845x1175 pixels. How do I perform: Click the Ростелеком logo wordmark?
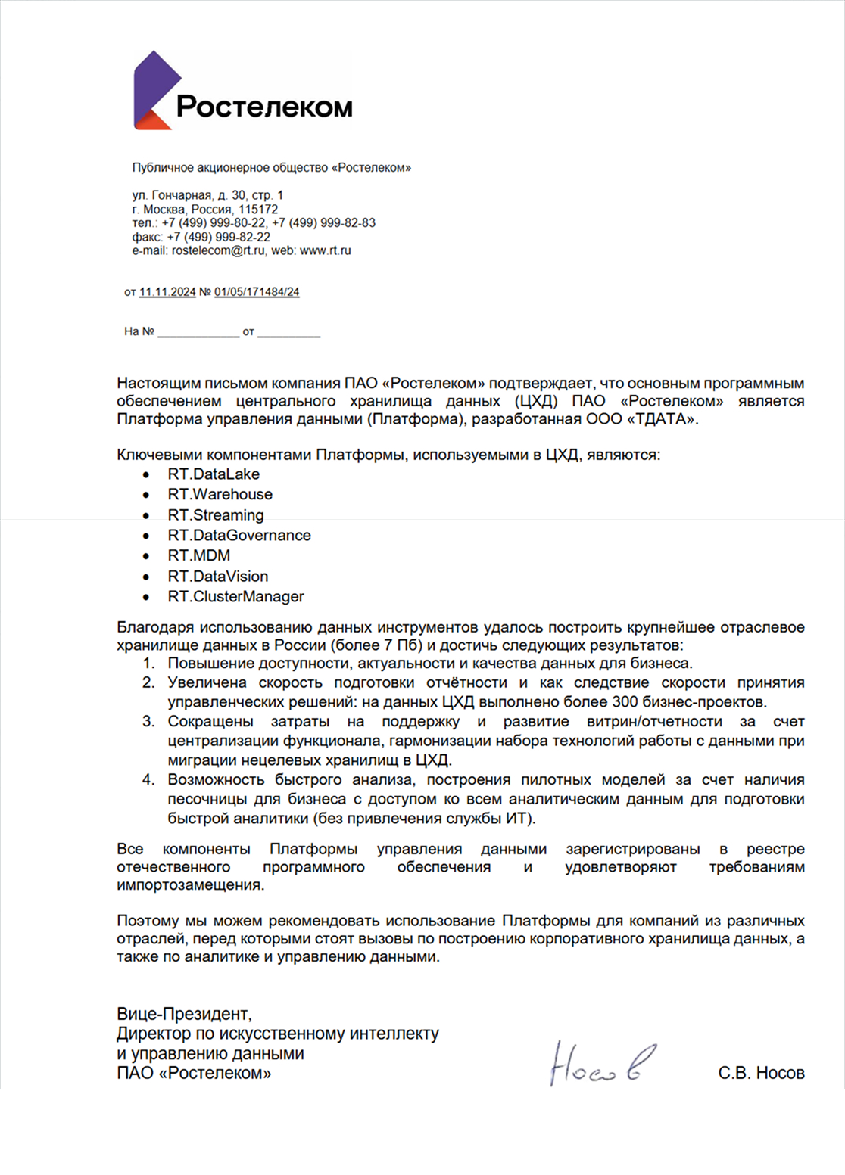(x=264, y=107)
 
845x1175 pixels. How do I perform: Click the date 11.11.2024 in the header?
(x=167, y=292)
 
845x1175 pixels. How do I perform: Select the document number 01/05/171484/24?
(x=257, y=292)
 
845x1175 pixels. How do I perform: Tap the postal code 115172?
(x=258, y=210)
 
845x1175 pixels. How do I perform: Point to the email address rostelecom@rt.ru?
(x=219, y=250)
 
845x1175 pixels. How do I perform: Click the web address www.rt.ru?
(x=326, y=250)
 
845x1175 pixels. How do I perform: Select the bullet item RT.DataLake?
(x=214, y=474)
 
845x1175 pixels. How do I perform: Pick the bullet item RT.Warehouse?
(x=220, y=495)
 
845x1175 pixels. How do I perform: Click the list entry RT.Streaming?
(x=216, y=515)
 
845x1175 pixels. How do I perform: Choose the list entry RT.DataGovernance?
(x=239, y=536)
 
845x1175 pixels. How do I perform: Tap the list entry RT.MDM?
(x=199, y=556)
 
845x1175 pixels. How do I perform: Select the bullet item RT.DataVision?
(x=218, y=577)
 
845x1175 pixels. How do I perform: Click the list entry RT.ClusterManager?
(x=235, y=597)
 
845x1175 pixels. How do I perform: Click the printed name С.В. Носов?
(x=761, y=1073)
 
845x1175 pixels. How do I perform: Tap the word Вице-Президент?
(x=184, y=1014)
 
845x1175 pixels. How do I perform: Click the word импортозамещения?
(x=190, y=885)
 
